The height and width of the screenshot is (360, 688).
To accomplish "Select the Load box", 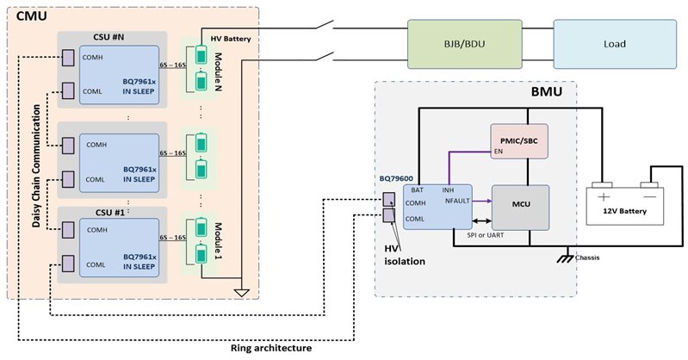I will click(616, 43).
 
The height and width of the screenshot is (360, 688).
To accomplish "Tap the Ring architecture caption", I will click(271, 348).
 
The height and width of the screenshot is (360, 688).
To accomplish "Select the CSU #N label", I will click(110, 40).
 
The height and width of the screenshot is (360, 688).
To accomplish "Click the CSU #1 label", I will click(110, 210).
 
